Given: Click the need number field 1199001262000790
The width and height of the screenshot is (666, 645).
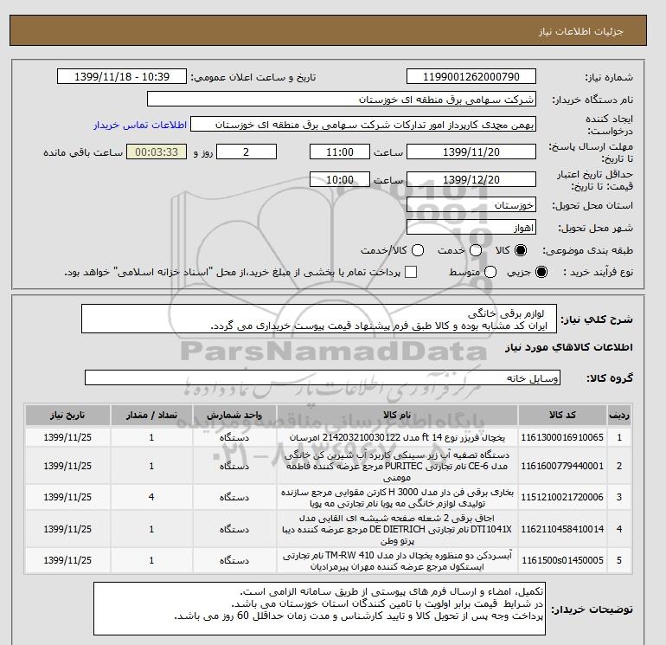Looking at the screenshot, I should pos(471,77).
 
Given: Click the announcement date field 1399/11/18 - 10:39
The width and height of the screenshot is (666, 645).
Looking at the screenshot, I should pos(121,77).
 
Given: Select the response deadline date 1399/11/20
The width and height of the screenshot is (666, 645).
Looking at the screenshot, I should pos(471,152).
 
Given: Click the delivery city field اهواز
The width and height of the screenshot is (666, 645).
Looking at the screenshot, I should pos(471,228).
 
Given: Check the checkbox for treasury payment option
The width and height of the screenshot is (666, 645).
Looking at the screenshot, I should pos(411,272).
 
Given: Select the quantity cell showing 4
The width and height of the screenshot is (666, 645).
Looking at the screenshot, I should pos(151,498).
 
